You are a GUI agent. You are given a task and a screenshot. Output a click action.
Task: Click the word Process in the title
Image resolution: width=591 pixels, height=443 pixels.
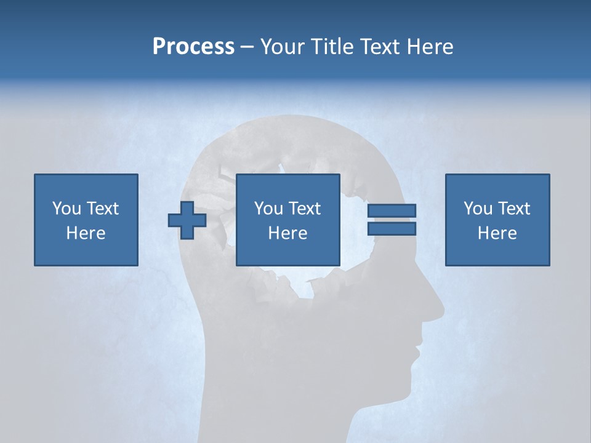tap(193, 47)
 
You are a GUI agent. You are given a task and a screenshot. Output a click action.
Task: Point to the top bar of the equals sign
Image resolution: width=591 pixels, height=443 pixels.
tap(392, 210)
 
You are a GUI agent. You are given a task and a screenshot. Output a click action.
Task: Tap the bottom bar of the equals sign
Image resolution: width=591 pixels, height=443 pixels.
tap(392, 228)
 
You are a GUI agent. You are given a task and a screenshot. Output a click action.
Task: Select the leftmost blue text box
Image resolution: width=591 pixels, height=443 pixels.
tap(86, 220)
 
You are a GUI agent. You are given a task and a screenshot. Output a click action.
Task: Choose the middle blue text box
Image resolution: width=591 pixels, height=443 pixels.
tap(287, 220)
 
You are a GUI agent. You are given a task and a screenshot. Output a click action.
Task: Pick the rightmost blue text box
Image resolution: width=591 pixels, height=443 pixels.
tap(497, 220)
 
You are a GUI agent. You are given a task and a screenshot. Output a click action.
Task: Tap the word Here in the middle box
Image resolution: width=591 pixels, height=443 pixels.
tap(287, 233)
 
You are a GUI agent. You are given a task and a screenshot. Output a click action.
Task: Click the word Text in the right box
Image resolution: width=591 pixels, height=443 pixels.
tap(513, 209)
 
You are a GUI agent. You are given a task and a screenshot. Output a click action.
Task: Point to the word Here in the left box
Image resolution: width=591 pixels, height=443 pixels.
tap(86, 233)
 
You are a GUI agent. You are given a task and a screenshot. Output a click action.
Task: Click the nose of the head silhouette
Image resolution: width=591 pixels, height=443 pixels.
tap(437, 308)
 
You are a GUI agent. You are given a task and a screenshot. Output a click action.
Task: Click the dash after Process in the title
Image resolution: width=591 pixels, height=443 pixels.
tap(247, 47)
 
